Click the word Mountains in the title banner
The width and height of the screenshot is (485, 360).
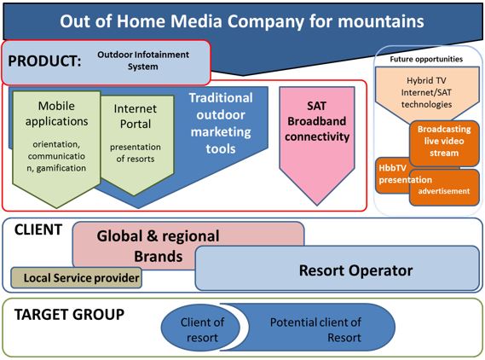point(380,21)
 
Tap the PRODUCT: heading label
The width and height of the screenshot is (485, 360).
point(44,61)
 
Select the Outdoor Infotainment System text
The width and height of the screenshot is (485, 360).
point(143,61)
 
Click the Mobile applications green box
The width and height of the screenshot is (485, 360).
point(56,149)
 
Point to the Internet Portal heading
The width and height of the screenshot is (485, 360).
point(136,116)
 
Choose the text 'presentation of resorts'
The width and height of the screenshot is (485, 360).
point(136,153)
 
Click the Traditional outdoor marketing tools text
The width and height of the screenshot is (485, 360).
point(221,123)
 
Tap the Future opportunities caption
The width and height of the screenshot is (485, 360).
point(426,59)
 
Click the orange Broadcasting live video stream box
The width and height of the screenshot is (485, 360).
point(444,143)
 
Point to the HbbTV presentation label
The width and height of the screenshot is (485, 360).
point(405,174)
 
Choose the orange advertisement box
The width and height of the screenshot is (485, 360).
point(444,188)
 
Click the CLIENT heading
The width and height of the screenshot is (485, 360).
point(38,229)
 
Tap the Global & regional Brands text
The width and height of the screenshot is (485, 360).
point(158,246)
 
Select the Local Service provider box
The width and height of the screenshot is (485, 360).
point(77,277)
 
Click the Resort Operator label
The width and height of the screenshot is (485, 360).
point(355,270)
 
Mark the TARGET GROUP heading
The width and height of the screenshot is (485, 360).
point(69,315)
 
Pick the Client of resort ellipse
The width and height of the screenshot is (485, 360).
point(201,328)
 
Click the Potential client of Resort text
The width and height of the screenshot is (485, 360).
point(315,329)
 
